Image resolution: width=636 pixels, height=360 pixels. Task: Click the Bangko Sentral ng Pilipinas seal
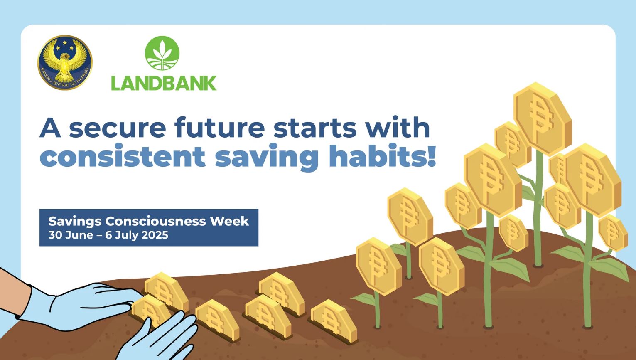click(65, 62)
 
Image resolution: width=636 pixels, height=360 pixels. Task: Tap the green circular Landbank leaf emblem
click(162, 53)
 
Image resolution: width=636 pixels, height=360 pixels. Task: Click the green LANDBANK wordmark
click(164, 83)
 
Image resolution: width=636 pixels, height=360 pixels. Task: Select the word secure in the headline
click(118, 128)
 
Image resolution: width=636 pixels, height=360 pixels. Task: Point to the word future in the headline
click(220, 127)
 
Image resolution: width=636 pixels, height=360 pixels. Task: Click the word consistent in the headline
click(123, 156)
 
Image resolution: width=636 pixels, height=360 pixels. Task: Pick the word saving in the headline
click(267, 158)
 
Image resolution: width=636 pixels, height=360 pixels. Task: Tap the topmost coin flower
click(542, 119)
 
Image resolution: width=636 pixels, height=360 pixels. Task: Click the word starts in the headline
click(315, 128)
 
